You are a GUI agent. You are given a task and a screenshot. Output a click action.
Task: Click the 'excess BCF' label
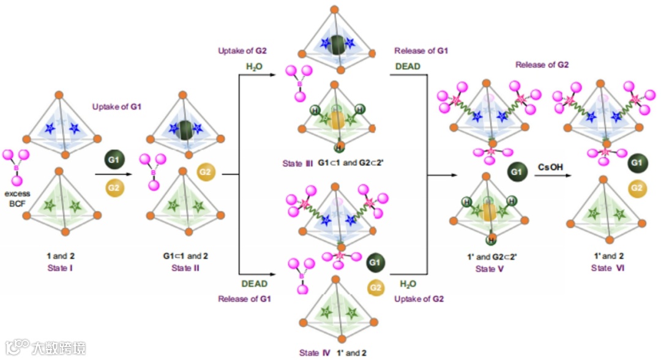click(x=17, y=198)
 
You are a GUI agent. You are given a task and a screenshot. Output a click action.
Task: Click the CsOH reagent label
click(x=550, y=165)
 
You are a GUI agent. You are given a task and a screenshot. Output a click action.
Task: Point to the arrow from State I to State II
click(x=113, y=175)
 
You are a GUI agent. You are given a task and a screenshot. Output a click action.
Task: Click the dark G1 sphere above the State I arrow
click(x=113, y=160)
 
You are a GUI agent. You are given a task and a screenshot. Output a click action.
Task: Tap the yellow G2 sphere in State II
click(x=206, y=173)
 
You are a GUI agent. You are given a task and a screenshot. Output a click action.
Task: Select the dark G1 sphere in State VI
click(x=635, y=163)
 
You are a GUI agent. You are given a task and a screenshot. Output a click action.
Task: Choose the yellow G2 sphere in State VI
click(x=635, y=187)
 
